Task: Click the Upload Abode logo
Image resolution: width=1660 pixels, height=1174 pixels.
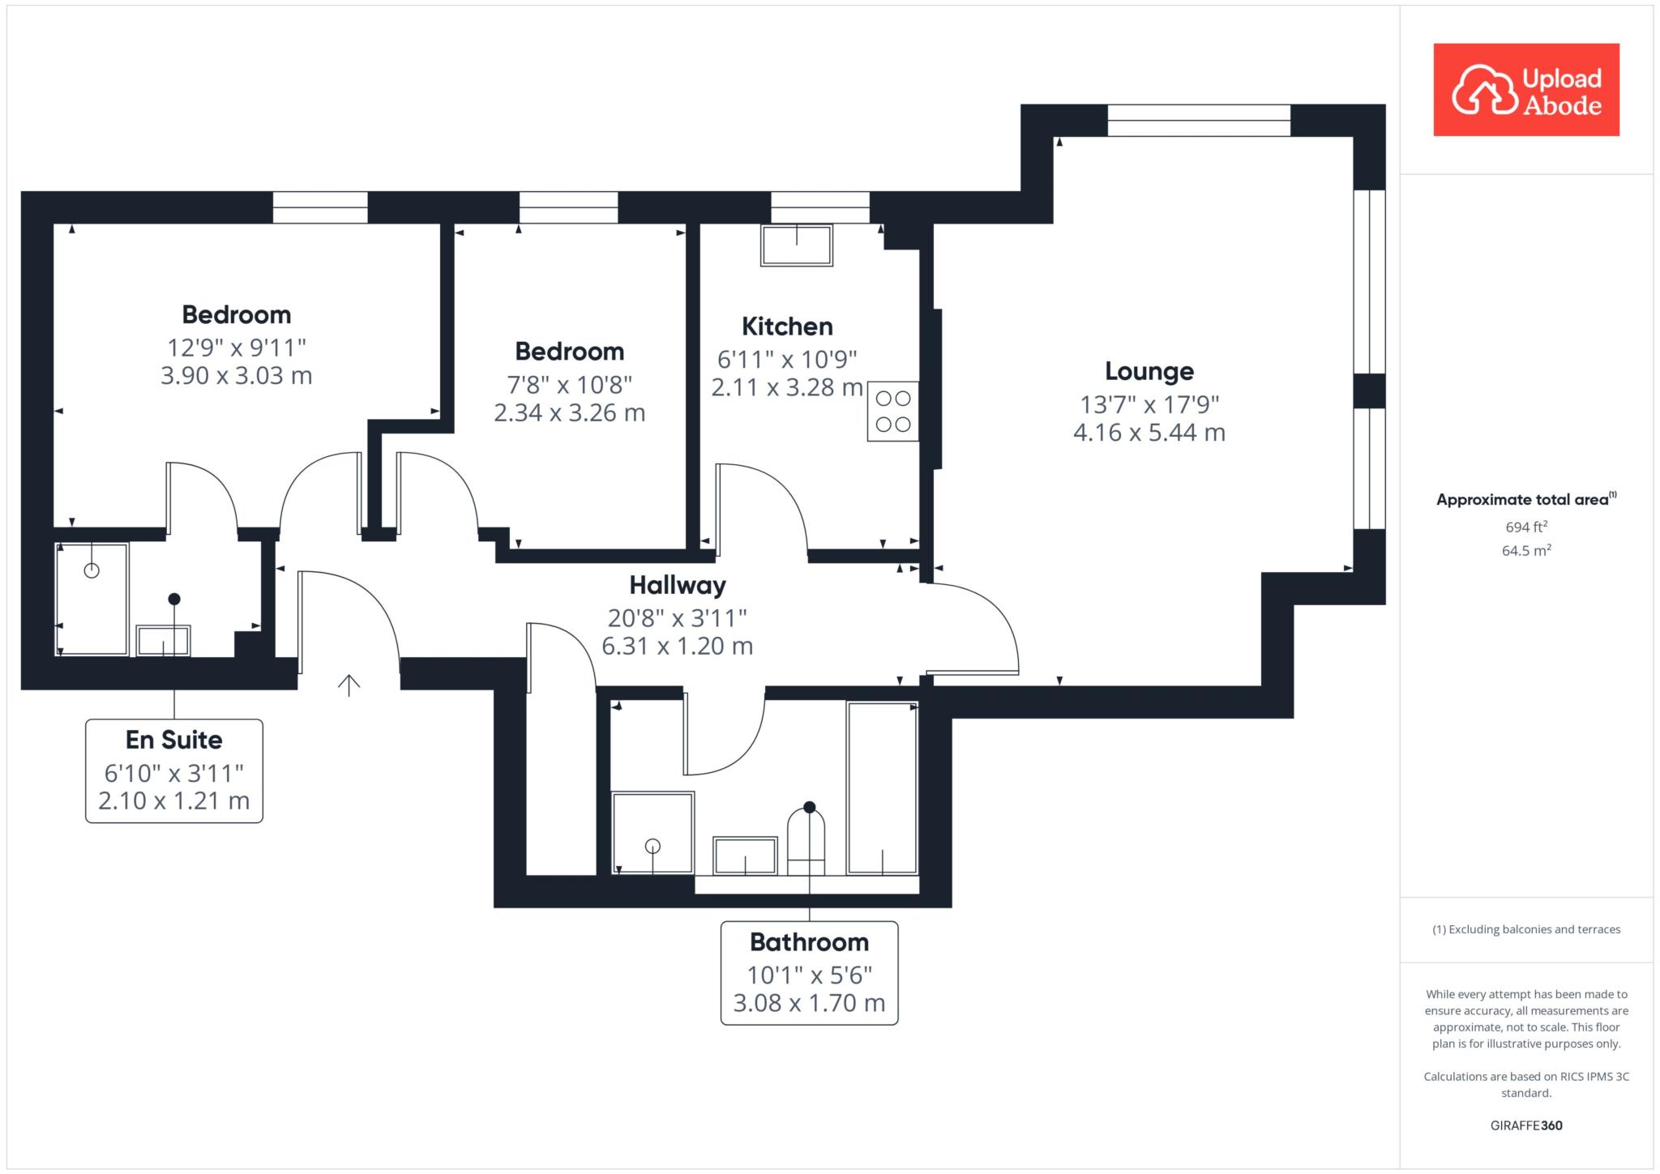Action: pos(1526,89)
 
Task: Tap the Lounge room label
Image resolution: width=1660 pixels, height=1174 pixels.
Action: pos(1149,371)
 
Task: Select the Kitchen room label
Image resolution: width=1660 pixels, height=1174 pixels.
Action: pos(787,327)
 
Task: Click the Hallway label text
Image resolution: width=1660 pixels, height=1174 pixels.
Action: pos(678,585)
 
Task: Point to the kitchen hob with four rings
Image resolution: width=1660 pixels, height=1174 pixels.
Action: pos(892,411)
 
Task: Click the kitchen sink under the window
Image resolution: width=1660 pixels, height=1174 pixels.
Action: pos(797,245)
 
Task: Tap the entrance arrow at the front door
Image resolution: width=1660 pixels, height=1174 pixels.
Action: pos(349,685)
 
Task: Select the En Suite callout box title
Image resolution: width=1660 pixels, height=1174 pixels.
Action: pos(174,740)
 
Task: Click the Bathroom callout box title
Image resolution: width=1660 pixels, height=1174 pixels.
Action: pos(809,942)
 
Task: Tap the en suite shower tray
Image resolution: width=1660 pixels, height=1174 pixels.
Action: pos(92,599)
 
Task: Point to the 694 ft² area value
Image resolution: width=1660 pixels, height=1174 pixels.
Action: pos(1526,527)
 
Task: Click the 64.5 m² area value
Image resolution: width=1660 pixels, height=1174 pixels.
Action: pos(1526,550)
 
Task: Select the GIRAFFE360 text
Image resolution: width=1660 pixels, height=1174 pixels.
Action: pos(1526,1125)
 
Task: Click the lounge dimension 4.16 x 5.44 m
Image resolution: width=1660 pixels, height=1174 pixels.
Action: pos(1149,433)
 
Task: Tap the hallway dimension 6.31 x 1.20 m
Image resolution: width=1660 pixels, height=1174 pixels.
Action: pos(678,646)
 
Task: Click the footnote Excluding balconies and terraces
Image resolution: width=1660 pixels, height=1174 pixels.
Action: pos(1526,929)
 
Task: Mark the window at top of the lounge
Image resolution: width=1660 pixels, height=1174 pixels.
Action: pos(1199,120)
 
